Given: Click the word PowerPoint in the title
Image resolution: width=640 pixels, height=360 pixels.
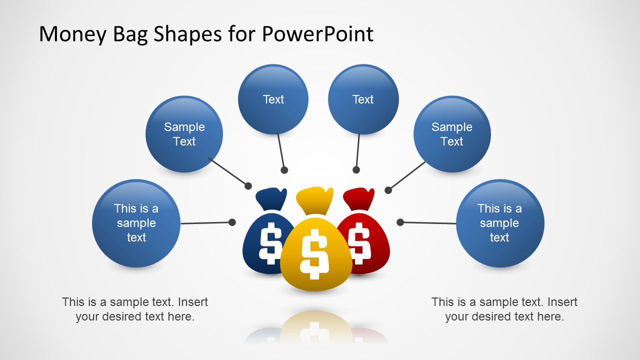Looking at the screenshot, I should click(317, 34).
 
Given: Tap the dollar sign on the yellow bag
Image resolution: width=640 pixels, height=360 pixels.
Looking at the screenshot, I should click(314, 253).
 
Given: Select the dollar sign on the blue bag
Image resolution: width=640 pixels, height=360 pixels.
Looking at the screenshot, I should click(270, 243).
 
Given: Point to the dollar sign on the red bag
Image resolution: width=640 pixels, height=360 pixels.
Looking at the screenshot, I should click(359, 243).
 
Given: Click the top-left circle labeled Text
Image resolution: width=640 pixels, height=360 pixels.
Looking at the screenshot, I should click(273, 99).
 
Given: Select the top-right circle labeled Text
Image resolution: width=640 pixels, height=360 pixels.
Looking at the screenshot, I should click(363, 99).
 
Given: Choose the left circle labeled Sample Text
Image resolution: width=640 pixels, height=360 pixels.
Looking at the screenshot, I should click(184, 134).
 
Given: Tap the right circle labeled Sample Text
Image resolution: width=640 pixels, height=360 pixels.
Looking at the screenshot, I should click(452, 134).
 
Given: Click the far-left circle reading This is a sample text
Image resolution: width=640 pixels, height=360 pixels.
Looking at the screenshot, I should click(136, 223).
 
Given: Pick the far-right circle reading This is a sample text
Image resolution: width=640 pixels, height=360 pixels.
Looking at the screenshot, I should click(499, 223).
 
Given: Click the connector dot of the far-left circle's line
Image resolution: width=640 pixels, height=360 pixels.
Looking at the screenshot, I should click(232, 222).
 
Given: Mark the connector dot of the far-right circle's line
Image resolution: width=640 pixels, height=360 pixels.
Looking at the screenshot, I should click(400, 222).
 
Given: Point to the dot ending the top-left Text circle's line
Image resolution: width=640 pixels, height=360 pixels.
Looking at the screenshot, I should click(284, 170).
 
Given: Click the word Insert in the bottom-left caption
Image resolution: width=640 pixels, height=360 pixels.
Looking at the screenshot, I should click(193, 302).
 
